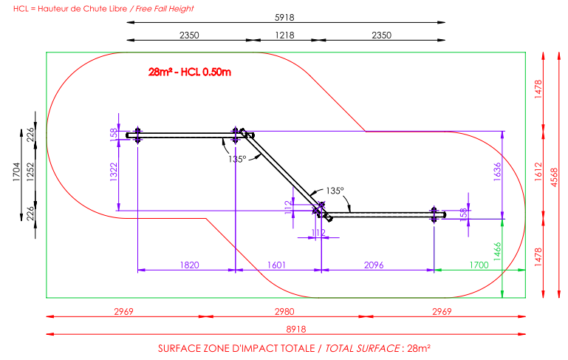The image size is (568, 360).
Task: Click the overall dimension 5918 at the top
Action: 284,18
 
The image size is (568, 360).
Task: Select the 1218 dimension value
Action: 284,35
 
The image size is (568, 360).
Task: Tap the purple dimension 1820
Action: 189,265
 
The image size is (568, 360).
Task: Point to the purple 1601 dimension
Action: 276,265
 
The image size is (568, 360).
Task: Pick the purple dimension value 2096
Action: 374,265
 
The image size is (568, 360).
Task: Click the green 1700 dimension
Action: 479,265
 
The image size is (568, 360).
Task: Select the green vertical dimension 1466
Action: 497,251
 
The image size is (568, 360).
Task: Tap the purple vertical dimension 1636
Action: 497,171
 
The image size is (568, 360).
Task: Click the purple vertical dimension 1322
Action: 114,172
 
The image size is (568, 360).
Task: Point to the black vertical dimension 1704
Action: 17,171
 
